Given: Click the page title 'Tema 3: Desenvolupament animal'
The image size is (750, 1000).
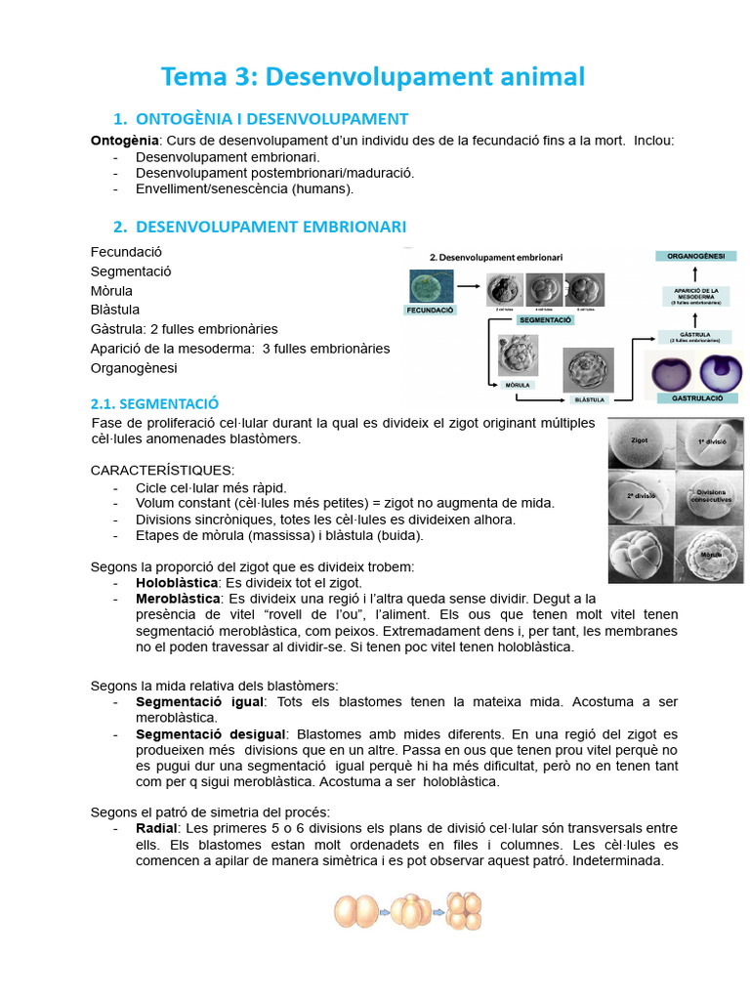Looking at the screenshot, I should pos(372,76).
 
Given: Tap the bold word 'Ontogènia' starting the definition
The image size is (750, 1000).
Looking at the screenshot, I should pos(124,141).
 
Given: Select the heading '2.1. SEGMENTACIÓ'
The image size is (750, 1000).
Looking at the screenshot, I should pos(154,403).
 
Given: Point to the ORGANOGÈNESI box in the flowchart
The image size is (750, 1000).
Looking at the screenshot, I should pos(695,256).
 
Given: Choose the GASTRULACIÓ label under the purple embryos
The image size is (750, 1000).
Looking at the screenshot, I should pos(695,398).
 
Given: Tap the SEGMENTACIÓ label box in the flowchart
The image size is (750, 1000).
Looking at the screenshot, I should pos(545,319).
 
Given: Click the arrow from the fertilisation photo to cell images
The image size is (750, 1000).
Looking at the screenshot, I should pos(472,287).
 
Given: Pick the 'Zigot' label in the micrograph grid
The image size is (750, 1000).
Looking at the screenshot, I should pos(640,440).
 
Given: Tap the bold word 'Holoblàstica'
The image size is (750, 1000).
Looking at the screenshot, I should pos(177,582).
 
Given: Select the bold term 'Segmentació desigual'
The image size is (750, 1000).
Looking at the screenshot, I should pos(211,733).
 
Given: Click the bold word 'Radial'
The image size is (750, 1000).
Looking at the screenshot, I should pos(156,828).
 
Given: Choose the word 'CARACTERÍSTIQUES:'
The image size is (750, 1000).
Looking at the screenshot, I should pos(162,471).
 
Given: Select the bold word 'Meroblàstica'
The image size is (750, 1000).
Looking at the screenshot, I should pos(178,598).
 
